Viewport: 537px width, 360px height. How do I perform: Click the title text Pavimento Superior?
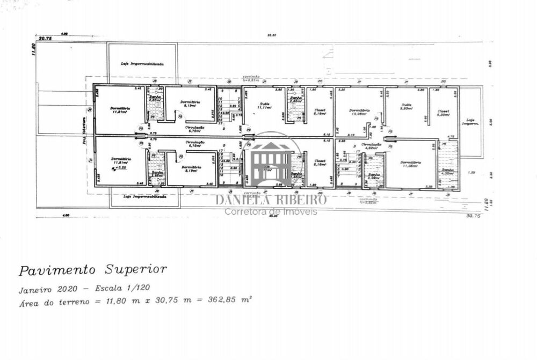(x=93, y=269)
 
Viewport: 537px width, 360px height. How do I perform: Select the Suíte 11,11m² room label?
(x=263, y=106)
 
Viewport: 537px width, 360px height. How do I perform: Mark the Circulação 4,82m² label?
(x=371, y=146)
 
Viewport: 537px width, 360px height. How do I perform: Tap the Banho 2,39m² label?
(x=374, y=175)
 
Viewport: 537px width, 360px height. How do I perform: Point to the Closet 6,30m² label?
(x=443, y=113)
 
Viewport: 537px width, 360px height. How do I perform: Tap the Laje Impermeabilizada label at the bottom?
(x=144, y=197)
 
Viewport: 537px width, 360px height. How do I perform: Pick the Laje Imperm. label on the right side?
(x=471, y=122)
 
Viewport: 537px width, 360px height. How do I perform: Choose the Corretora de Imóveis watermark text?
(x=271, y=212)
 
